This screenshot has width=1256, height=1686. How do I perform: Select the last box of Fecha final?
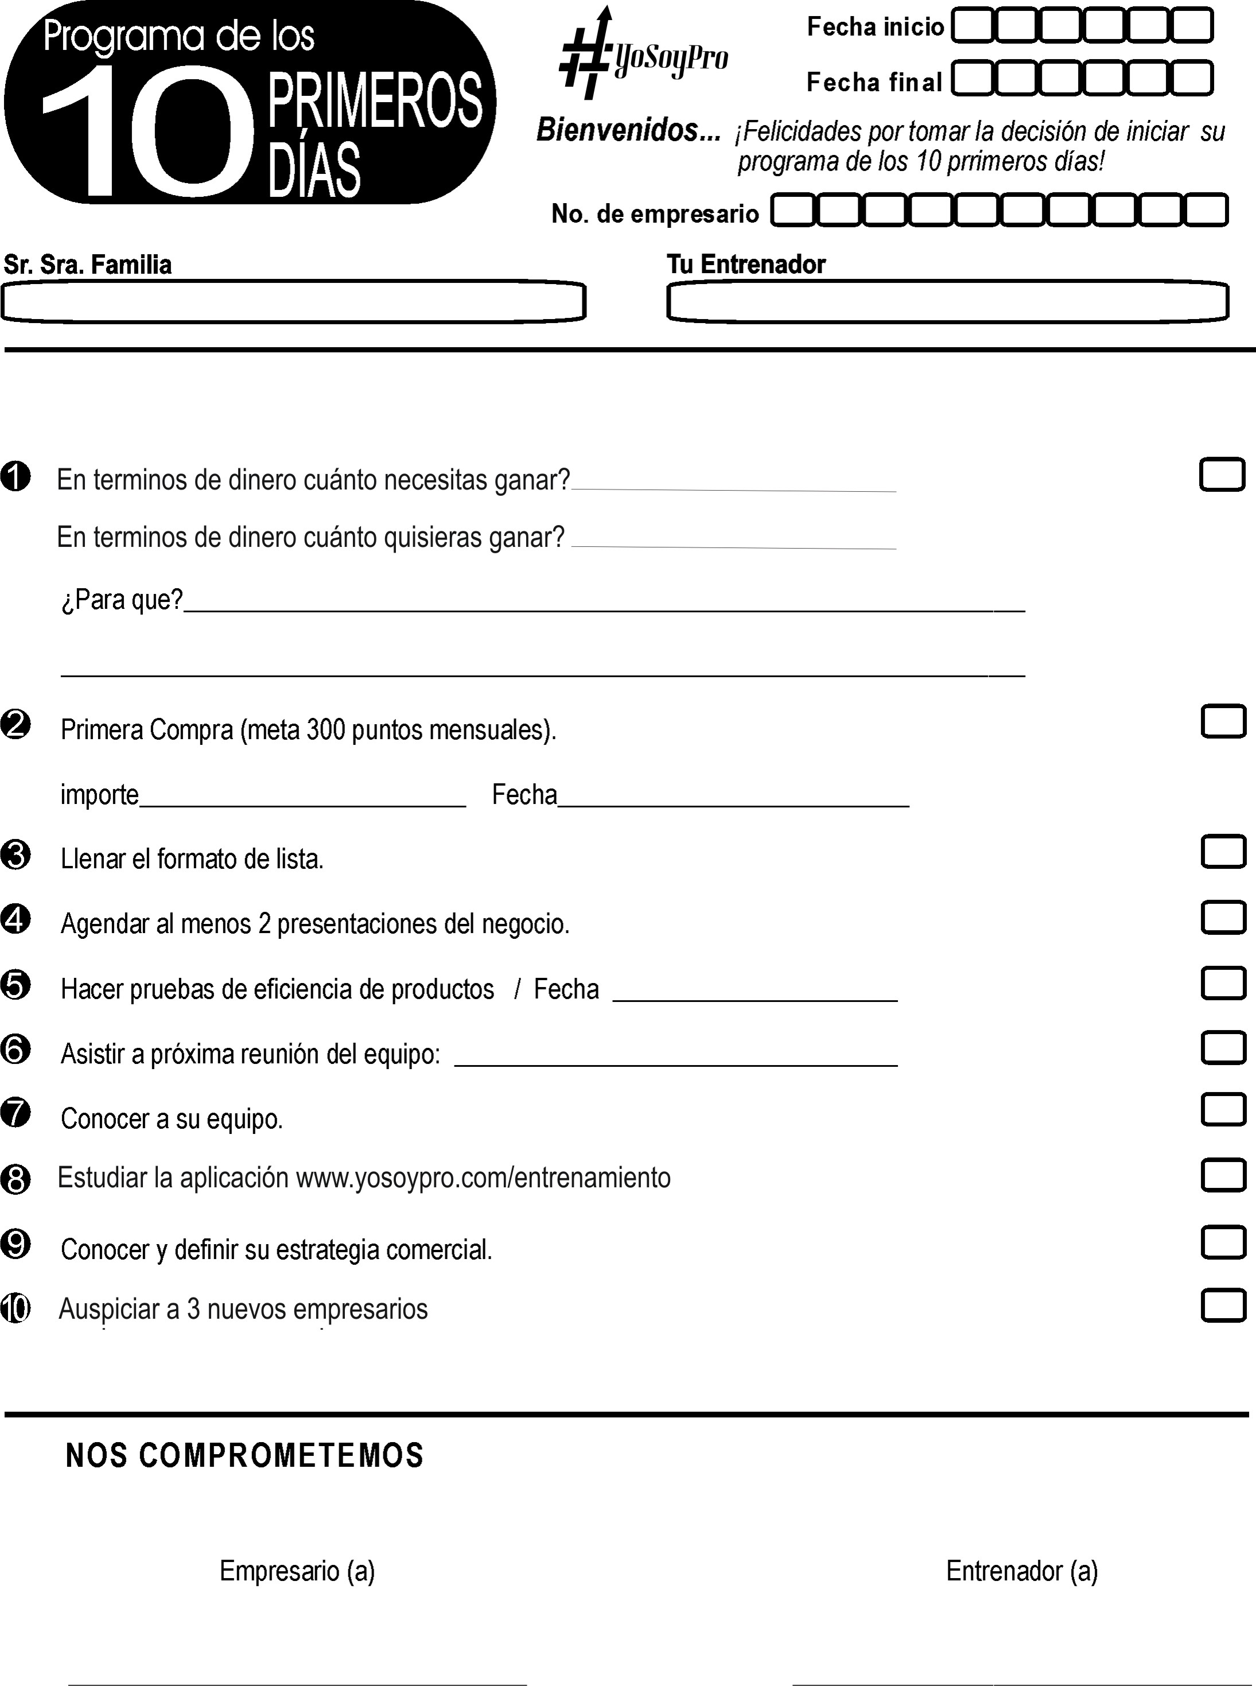point(1192,79)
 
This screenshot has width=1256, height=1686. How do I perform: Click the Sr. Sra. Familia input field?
point(293,302)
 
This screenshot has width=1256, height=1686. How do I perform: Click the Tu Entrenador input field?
point(947,302)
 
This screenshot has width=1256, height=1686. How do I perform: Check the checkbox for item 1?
point(1222,475)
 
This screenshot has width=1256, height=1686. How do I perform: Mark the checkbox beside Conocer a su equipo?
point(1223,1109)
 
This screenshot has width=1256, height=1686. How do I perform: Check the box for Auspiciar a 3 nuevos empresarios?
point(1223,1306)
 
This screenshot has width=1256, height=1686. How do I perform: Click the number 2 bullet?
point(16,724)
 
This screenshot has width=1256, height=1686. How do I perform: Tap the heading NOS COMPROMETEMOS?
point(245,1455)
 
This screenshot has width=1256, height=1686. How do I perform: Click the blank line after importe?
point(302,800)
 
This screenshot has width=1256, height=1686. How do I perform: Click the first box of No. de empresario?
point(793,211)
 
